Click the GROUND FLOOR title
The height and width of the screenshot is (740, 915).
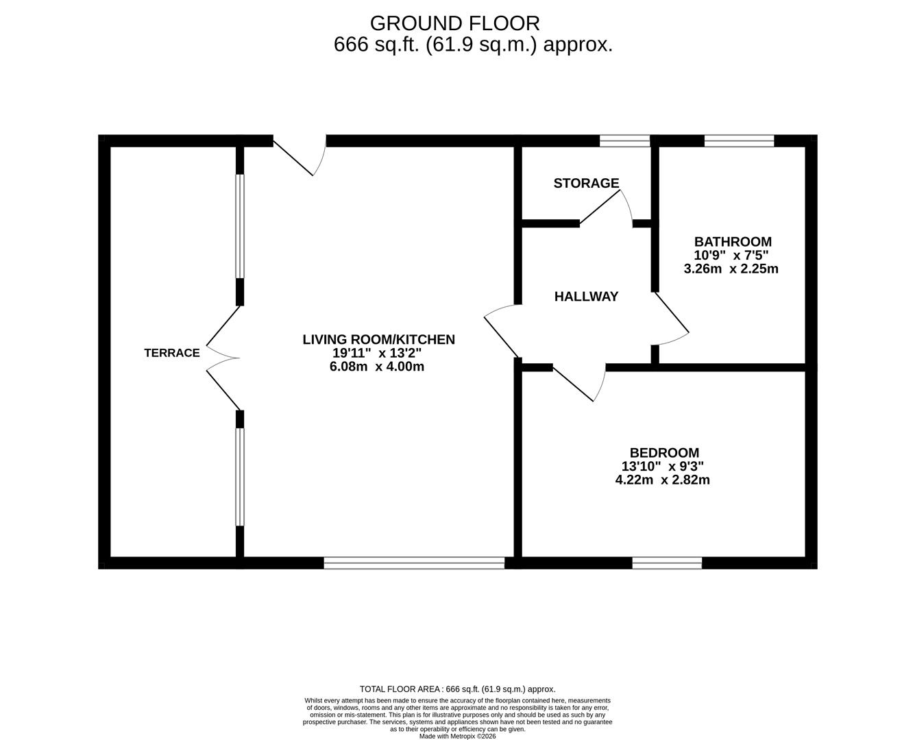(x=454, y=23)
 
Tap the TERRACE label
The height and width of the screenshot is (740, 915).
(x=172, y=353)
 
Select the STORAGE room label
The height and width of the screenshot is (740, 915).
(x=587, y=184)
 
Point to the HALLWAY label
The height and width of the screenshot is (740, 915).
(x=587, y=297)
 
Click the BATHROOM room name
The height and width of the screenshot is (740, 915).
(x=733, y=241)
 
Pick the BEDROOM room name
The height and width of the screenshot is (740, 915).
(x=664, y=453)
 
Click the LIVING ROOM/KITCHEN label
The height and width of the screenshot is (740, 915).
(x=378, y=339)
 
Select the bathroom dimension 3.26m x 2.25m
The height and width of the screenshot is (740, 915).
(x=731, y=269)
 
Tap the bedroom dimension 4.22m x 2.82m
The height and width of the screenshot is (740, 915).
(x=662, y=480)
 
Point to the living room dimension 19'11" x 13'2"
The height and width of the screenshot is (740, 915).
(x=377, y=353)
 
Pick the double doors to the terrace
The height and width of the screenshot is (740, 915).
(x=223, y=358)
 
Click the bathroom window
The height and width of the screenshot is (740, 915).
(x=739, y=141)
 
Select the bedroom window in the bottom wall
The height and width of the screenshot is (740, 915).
(x=667, y=563)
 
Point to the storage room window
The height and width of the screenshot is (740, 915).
(x=625, y=141)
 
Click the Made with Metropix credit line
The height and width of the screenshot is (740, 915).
(x=458, y=736)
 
